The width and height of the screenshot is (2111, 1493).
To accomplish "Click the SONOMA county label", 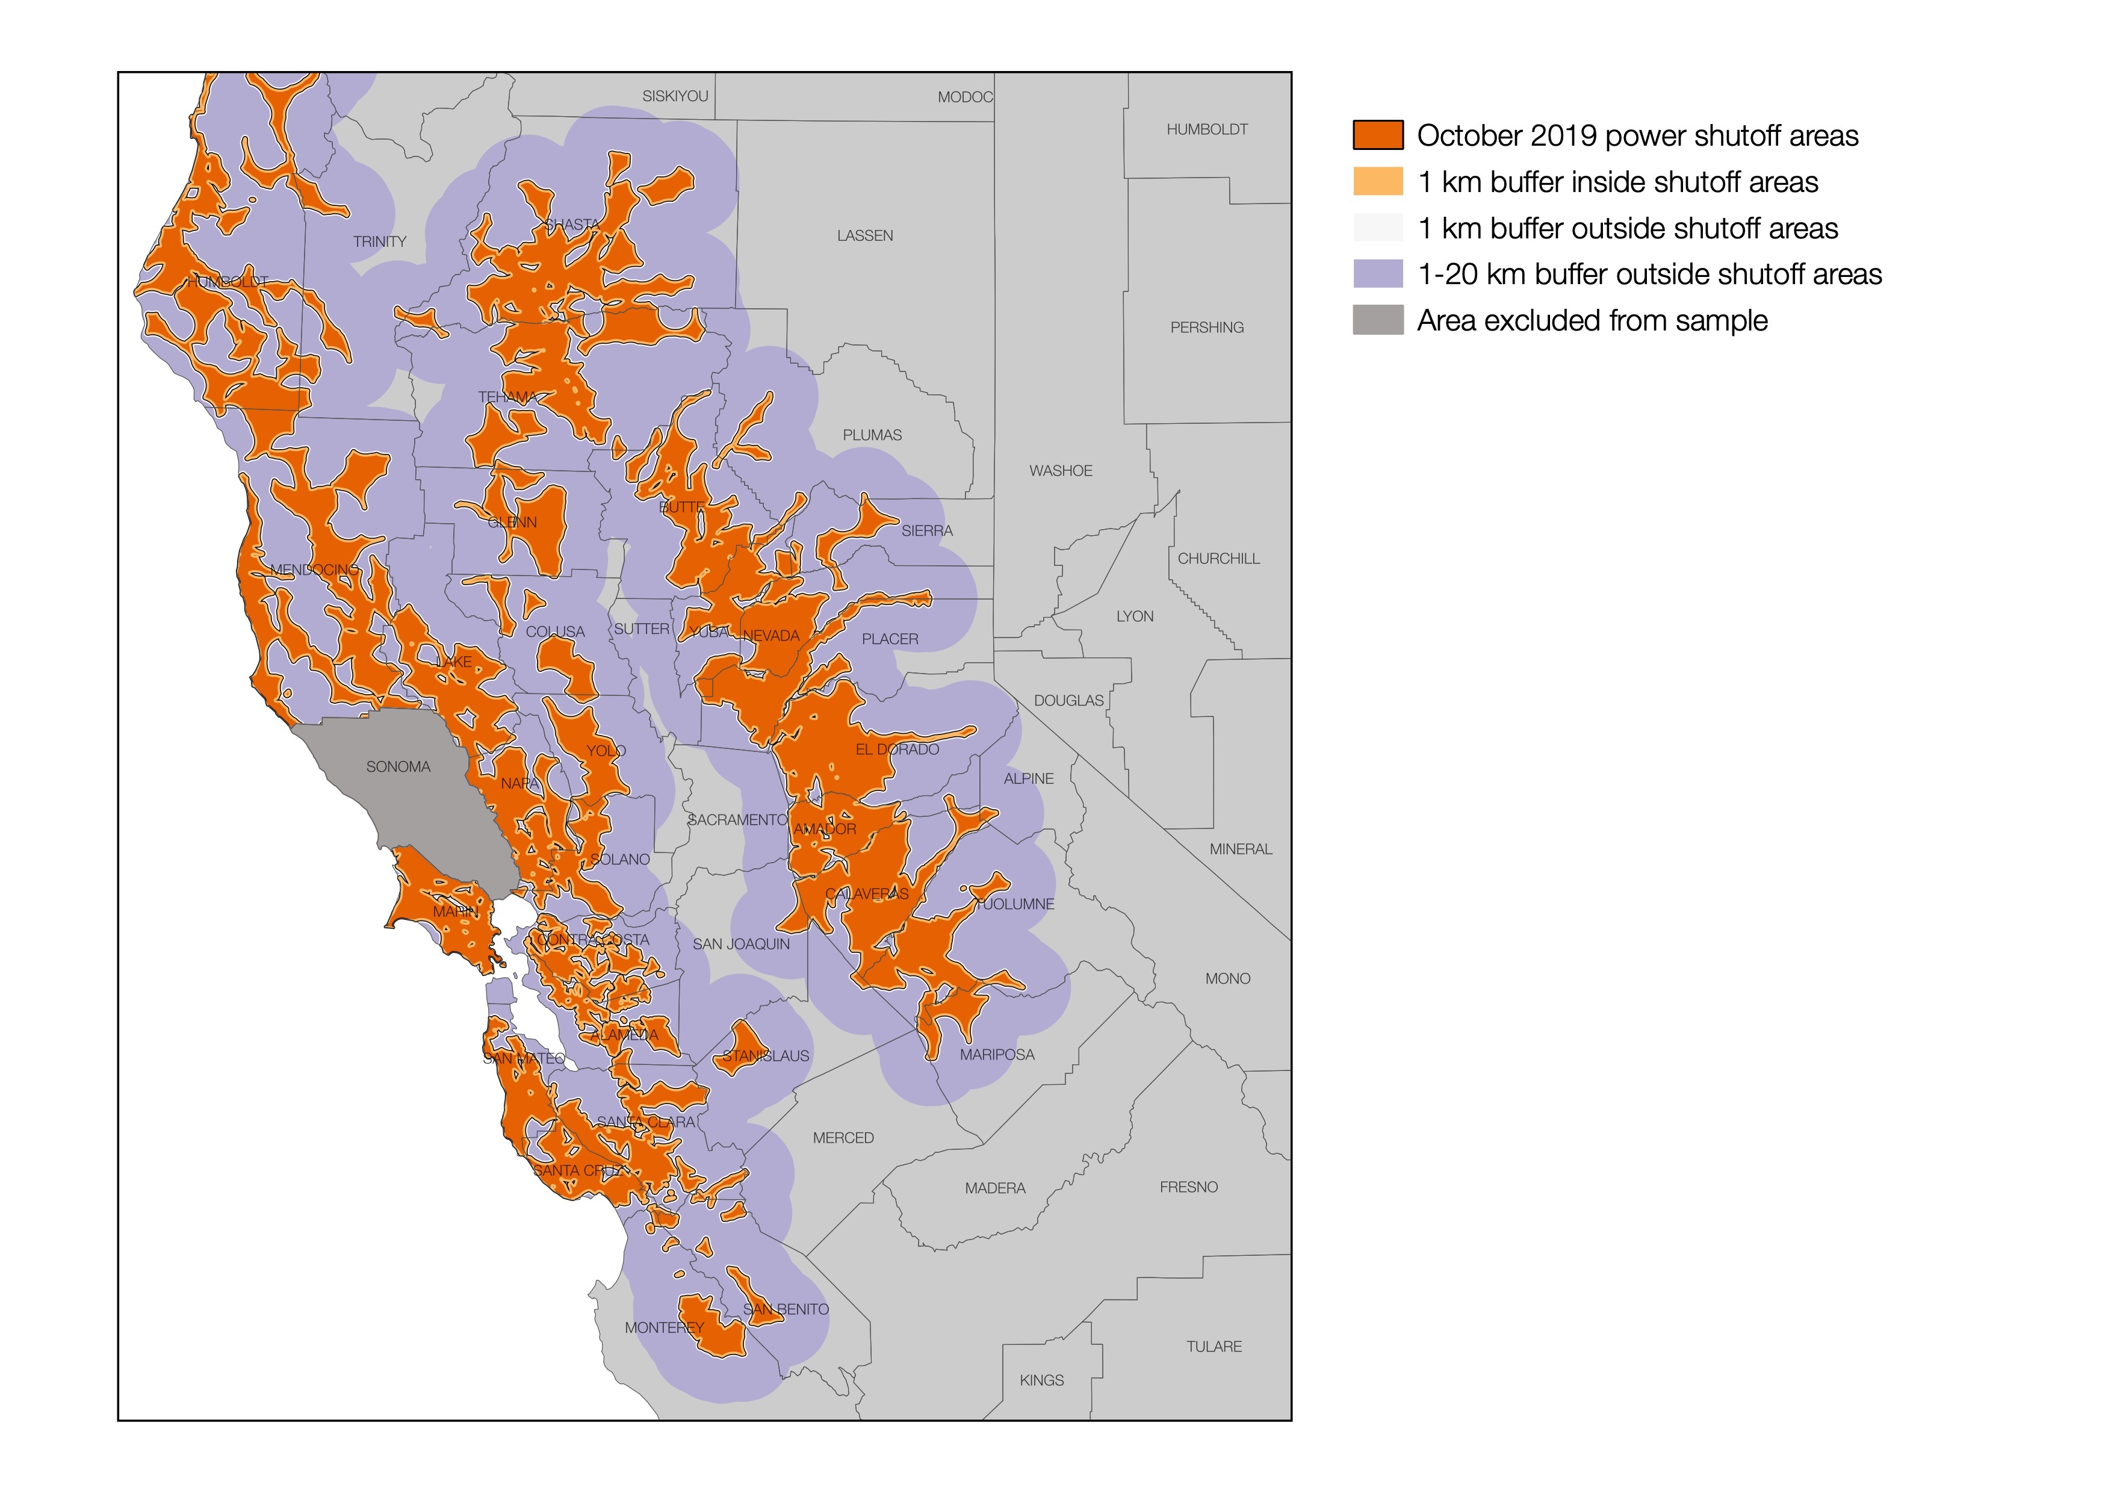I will click(x=398, y=767).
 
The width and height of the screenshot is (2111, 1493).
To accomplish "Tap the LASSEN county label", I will click(x=864, y=236).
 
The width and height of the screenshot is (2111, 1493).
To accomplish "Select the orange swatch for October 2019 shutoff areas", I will click(x=1377, y=135).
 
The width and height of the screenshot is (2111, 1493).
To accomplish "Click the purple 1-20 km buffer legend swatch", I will click(x=1377, y=274).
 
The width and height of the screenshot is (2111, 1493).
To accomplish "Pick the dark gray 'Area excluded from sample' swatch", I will click(x=1377, y=320).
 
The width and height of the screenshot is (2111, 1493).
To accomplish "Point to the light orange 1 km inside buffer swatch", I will click(x=1377, y=182).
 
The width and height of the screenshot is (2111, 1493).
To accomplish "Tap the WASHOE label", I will click(x=1060, y=471).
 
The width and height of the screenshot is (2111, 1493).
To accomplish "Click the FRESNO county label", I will click(x=1188, y=1187).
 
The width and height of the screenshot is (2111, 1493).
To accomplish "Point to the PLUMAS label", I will click(x=872, y=435).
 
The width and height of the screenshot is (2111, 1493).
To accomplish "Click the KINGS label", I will click(x=1041, y=1380).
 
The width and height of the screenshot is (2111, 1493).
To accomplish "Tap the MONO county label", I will click(x=1227, y=978).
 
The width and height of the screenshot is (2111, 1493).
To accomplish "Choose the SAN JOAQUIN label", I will click(x=740, y=944).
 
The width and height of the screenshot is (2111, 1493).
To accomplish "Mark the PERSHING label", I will click(x=1206, y=327).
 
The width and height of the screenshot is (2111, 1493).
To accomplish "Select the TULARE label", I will click(x=1214, y=1346).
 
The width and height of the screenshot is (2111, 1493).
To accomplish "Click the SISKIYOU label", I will click(x=675, y=96).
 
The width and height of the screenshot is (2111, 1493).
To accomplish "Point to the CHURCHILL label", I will click(x=1218, y=558).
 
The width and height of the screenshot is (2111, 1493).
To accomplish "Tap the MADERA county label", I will click(x=995, y=1188).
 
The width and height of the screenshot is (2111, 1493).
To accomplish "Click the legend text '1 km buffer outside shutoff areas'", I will click(x=1628, y=228).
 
